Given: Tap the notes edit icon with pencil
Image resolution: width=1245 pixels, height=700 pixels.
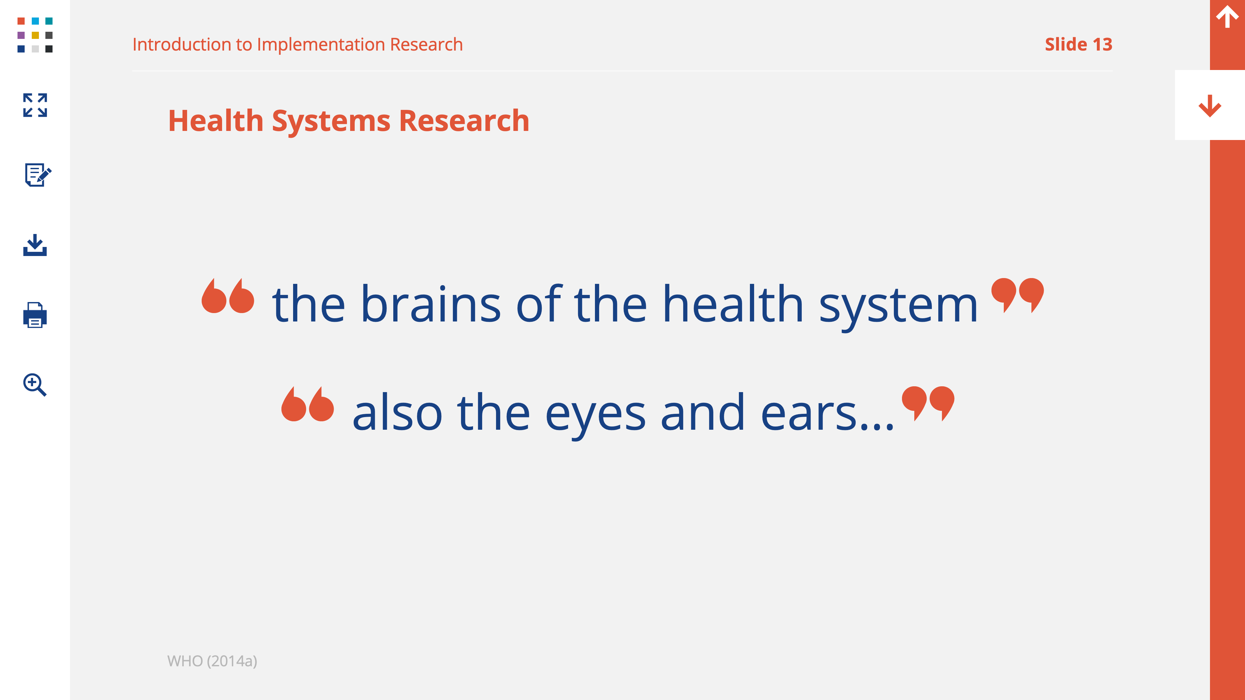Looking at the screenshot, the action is [x=38, y=175].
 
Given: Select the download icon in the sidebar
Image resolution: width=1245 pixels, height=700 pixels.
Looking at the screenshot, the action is [x=35, y=245].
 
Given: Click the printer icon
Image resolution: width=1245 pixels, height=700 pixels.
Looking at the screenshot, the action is [x=35, y=315].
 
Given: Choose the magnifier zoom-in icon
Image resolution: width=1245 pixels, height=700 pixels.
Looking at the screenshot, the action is [x=35, y=385].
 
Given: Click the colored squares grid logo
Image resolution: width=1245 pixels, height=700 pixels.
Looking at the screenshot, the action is [x=35, y=35].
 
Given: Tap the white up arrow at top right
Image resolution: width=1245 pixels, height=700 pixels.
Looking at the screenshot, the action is [x=1227, y=17].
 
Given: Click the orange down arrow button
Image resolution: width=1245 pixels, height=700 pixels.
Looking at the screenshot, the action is [x=1210, y=105].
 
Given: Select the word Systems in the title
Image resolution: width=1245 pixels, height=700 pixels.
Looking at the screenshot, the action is [x=331, y=121].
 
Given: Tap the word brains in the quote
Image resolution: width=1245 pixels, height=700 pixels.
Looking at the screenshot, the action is [x=431, y=304].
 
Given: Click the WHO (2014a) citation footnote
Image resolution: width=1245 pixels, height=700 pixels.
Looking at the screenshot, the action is [x=212, y=661].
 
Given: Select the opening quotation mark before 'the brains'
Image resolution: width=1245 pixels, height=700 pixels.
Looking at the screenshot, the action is [x=228, y=296].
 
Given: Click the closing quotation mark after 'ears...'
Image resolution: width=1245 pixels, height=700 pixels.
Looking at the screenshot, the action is [x=928, y=403].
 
